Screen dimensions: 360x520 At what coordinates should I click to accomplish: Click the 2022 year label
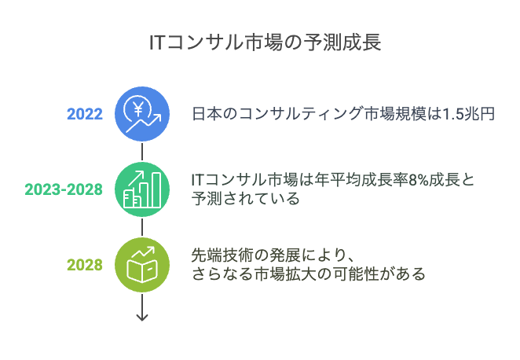pos(85,114)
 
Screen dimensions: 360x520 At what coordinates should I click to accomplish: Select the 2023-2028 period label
pos(64,190)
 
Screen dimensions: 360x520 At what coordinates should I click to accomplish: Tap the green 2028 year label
pos(85,265)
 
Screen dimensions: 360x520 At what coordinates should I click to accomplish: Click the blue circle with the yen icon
pos(142,114)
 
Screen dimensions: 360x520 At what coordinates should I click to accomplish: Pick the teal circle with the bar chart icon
pos(142,189)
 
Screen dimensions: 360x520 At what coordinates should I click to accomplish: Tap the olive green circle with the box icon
pos(142,265)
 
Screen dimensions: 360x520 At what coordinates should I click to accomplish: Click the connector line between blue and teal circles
pos(142,152)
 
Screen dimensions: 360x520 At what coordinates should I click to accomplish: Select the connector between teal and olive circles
pos(142,227)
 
